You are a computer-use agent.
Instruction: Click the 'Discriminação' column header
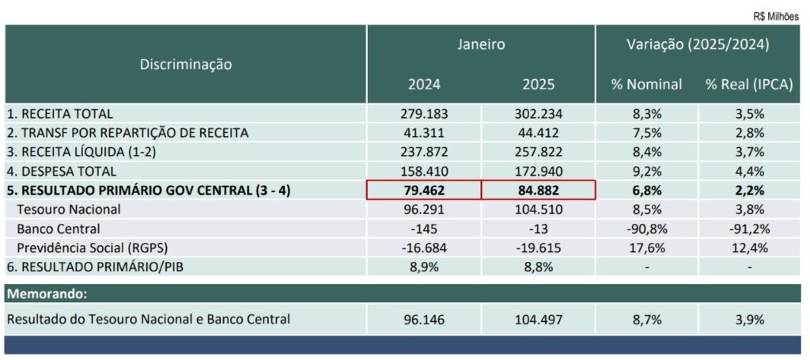click(x=186, y=64)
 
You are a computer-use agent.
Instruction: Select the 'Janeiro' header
click(x=480, y=45)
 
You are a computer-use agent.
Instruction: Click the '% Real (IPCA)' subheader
click(x=748, y=85)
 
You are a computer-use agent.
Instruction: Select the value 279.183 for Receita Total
click(x=424, y=114)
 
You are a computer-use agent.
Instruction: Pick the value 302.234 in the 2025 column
click(x=538, y=114)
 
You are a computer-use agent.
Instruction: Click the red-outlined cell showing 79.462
click(x=424, y=190)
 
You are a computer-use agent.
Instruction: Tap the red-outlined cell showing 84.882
click(x=538, y=190)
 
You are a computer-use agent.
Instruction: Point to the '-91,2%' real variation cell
click(x=748, y=229)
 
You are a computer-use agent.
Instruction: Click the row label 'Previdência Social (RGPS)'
click(x=92, y=248)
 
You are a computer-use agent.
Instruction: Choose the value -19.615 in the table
click(x=538, y=248)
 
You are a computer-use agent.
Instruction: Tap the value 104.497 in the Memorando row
click(x=538, y=320)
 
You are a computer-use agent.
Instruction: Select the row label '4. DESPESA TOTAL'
click(x=62, y=171)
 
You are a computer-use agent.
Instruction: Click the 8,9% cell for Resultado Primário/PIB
click(x=424, y=267)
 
